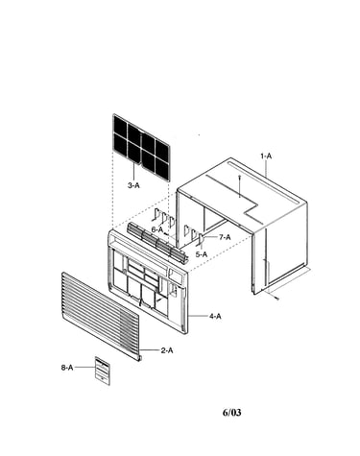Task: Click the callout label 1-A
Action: pos(266,156)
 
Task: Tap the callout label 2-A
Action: pos(167,350)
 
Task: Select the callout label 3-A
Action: pos(133,185)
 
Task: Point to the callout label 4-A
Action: pos(215,316)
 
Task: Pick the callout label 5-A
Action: pos(202,254)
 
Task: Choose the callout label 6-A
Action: pos(157,229)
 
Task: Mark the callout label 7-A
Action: pos(225,237)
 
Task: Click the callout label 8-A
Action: pos(67,368)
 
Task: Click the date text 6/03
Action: pos(231,413)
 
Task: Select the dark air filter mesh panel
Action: pos(141,148)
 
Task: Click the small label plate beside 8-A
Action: pos(103,371)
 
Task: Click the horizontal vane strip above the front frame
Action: pos(157,242)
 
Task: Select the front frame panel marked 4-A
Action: pos(147,281)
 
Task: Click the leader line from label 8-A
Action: pos(84,368)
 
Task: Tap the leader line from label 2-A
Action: pos(150,350)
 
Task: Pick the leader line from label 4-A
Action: pos(198,316)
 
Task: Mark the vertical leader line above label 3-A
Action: pos(133,172)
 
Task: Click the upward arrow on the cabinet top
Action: pos(239,186)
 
